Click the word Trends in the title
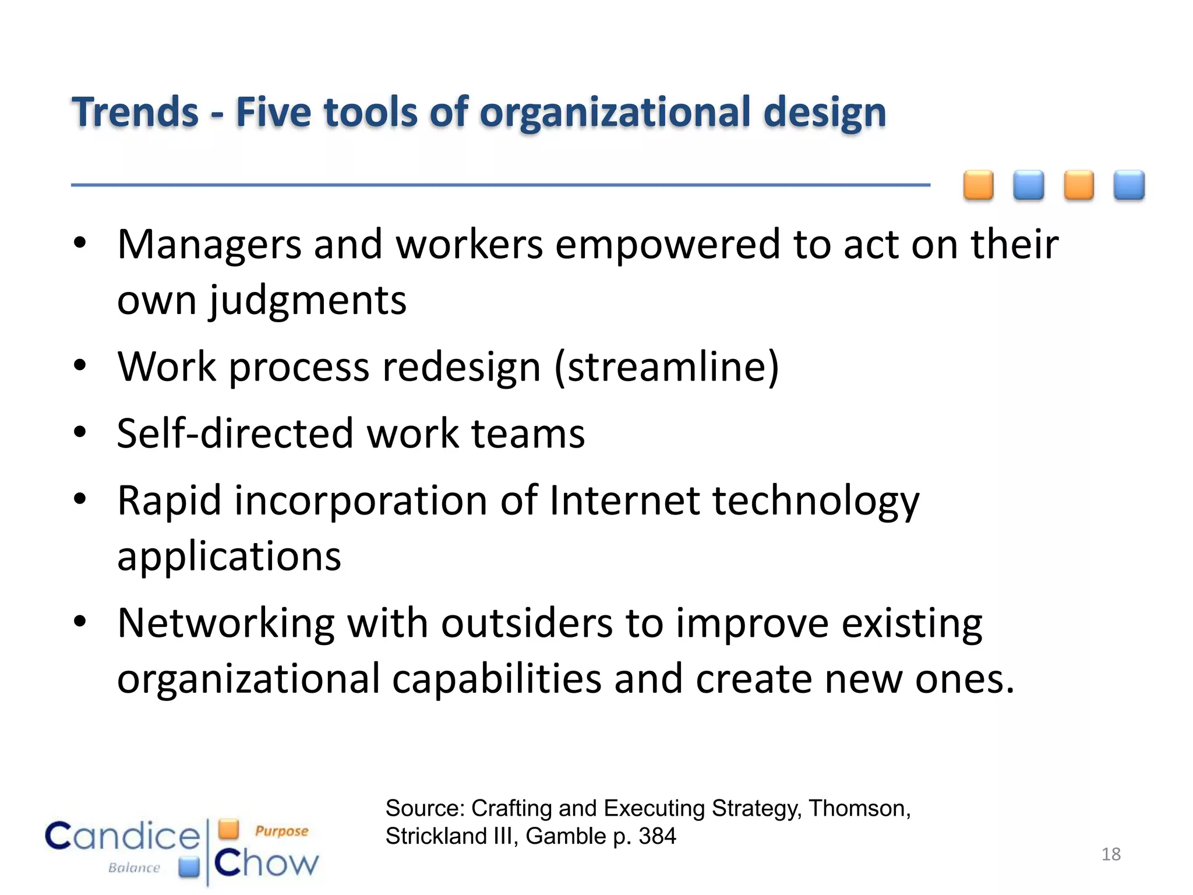click(135, 112)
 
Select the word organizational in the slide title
click(615, 112)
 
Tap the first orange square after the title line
click(978, 185)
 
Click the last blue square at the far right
click(1129, 185)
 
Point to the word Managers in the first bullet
click(209, 245)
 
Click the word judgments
click(308, 301)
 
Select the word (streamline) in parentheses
click(666, 367)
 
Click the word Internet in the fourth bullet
click(624, 501)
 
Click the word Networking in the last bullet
click(226, 624)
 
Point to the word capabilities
click(496, 680)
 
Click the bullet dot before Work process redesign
click(80, 366)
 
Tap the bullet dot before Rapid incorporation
click(80, 499)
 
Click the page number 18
click(1111, 854)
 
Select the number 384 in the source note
click(657, 837)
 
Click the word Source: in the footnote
click(425, 809)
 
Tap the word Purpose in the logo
click(281, 831)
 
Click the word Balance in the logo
click(134, 868)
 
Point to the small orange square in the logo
click(229, 829)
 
